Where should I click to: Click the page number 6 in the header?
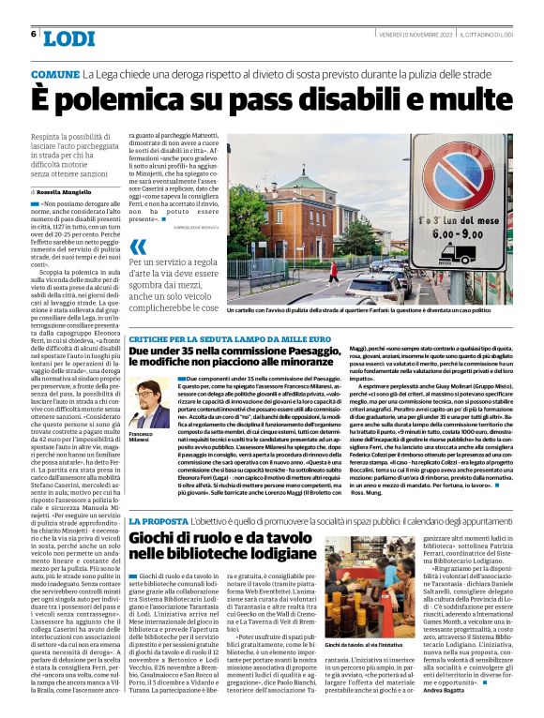point(33,35)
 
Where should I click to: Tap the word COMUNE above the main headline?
point(54,74)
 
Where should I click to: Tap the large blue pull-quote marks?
point(138,247)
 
